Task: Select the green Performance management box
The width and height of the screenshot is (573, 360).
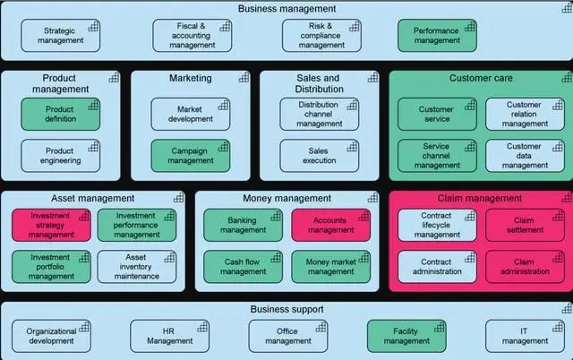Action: [437, 35]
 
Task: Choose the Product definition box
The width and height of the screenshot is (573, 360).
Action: [60, 115]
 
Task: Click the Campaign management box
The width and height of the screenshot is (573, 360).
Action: [190, 156]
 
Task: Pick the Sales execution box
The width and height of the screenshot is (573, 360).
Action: [319, 156]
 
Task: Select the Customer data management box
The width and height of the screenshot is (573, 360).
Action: [525, 156]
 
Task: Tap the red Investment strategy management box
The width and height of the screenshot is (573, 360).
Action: [50, 225]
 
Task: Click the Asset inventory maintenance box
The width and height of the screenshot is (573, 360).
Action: [136, 265]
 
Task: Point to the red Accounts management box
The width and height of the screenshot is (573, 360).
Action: [330, 225]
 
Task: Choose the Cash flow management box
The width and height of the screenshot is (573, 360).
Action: [242, 265]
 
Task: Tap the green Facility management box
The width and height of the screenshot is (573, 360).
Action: [406, 335]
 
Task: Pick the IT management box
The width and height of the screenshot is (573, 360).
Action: [525, 335]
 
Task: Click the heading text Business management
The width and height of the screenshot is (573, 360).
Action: [286, 9]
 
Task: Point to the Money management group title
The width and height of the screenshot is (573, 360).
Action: [281, 198]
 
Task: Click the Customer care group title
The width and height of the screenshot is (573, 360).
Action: [480, 79]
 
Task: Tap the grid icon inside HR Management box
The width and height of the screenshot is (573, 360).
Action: [201, 327]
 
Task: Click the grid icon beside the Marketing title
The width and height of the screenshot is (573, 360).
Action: [244, 78]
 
